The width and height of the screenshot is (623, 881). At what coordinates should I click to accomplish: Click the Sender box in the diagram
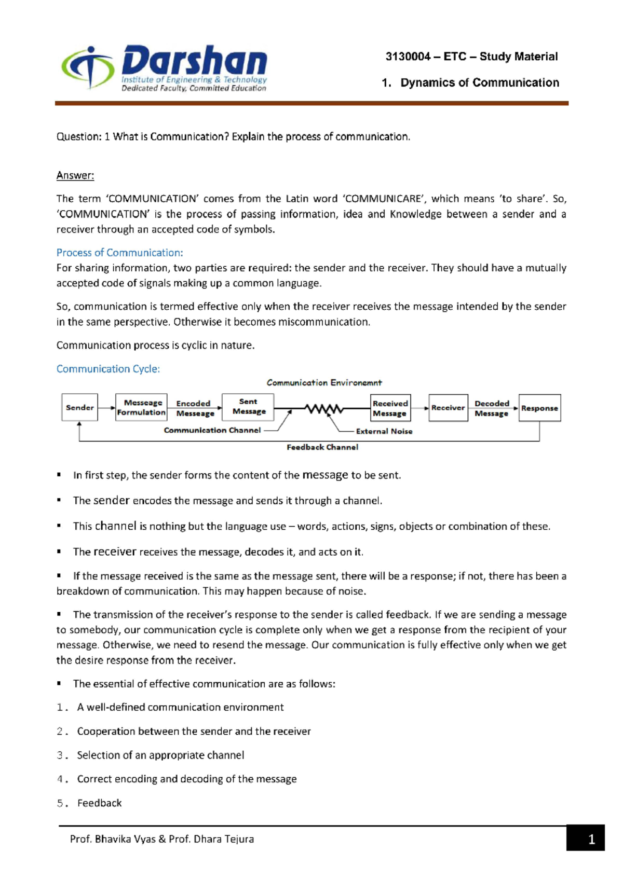[79, 407]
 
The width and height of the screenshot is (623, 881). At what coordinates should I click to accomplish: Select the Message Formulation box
[141, 407]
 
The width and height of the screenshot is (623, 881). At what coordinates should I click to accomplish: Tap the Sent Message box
[248, 406]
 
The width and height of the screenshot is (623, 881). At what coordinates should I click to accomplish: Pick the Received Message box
[390, 408]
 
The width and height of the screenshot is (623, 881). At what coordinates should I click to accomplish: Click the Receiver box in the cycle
[448, 408]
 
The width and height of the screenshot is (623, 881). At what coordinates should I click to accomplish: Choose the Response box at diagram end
[539, 408]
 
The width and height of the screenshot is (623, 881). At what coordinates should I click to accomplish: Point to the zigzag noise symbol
[324, 409]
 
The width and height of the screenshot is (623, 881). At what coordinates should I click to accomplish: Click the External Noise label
[384, 431]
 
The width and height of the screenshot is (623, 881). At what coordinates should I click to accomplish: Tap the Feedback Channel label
[322, 447]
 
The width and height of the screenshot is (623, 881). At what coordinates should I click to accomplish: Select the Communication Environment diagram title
[324, 383]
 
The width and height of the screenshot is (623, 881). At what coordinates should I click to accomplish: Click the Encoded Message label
[194, 408]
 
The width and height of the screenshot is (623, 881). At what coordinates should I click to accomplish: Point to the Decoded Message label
[492, 408]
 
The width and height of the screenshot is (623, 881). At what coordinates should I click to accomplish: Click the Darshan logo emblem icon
[88, 67]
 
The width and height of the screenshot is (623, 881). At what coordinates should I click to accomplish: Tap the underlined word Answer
[75, 175]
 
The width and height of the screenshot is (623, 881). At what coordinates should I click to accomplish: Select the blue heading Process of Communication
[119, 253]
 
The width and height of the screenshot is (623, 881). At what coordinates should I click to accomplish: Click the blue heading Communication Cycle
[108, 369]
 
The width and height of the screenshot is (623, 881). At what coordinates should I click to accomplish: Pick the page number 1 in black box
[591, 839]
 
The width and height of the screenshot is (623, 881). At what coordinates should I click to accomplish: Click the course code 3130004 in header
[408, 57]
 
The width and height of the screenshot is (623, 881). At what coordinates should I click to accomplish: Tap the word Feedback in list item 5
[100, 803]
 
